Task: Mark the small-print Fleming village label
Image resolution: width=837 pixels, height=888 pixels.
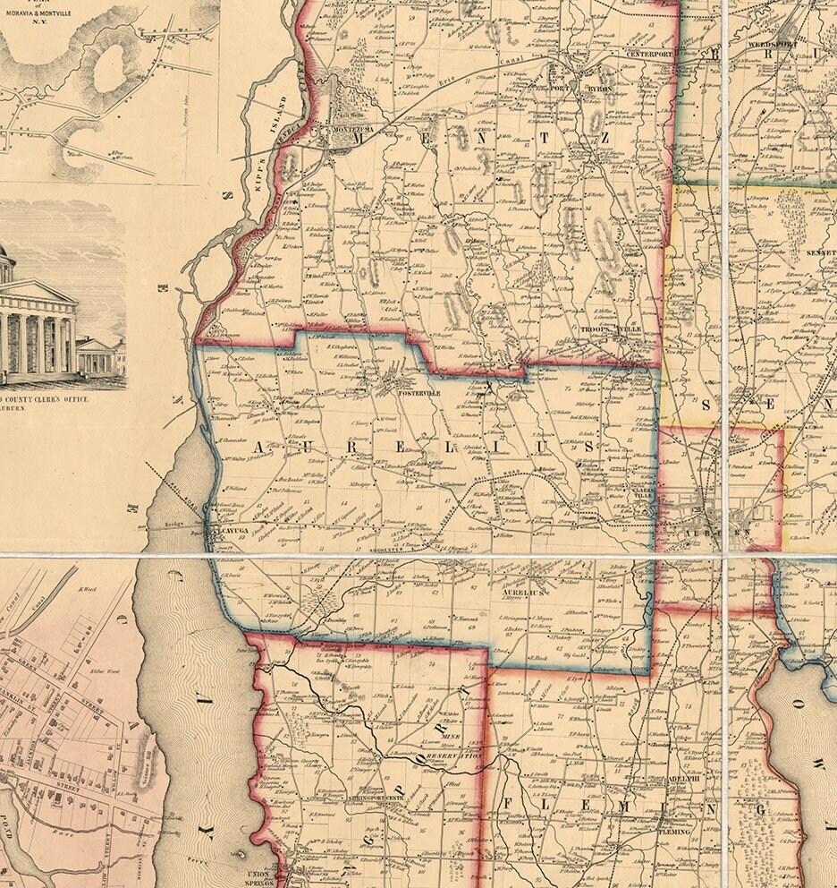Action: pyautogui.click(x=675, y=832)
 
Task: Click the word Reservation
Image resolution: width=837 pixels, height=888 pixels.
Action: pyautogui.click(x=453, y=756)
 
